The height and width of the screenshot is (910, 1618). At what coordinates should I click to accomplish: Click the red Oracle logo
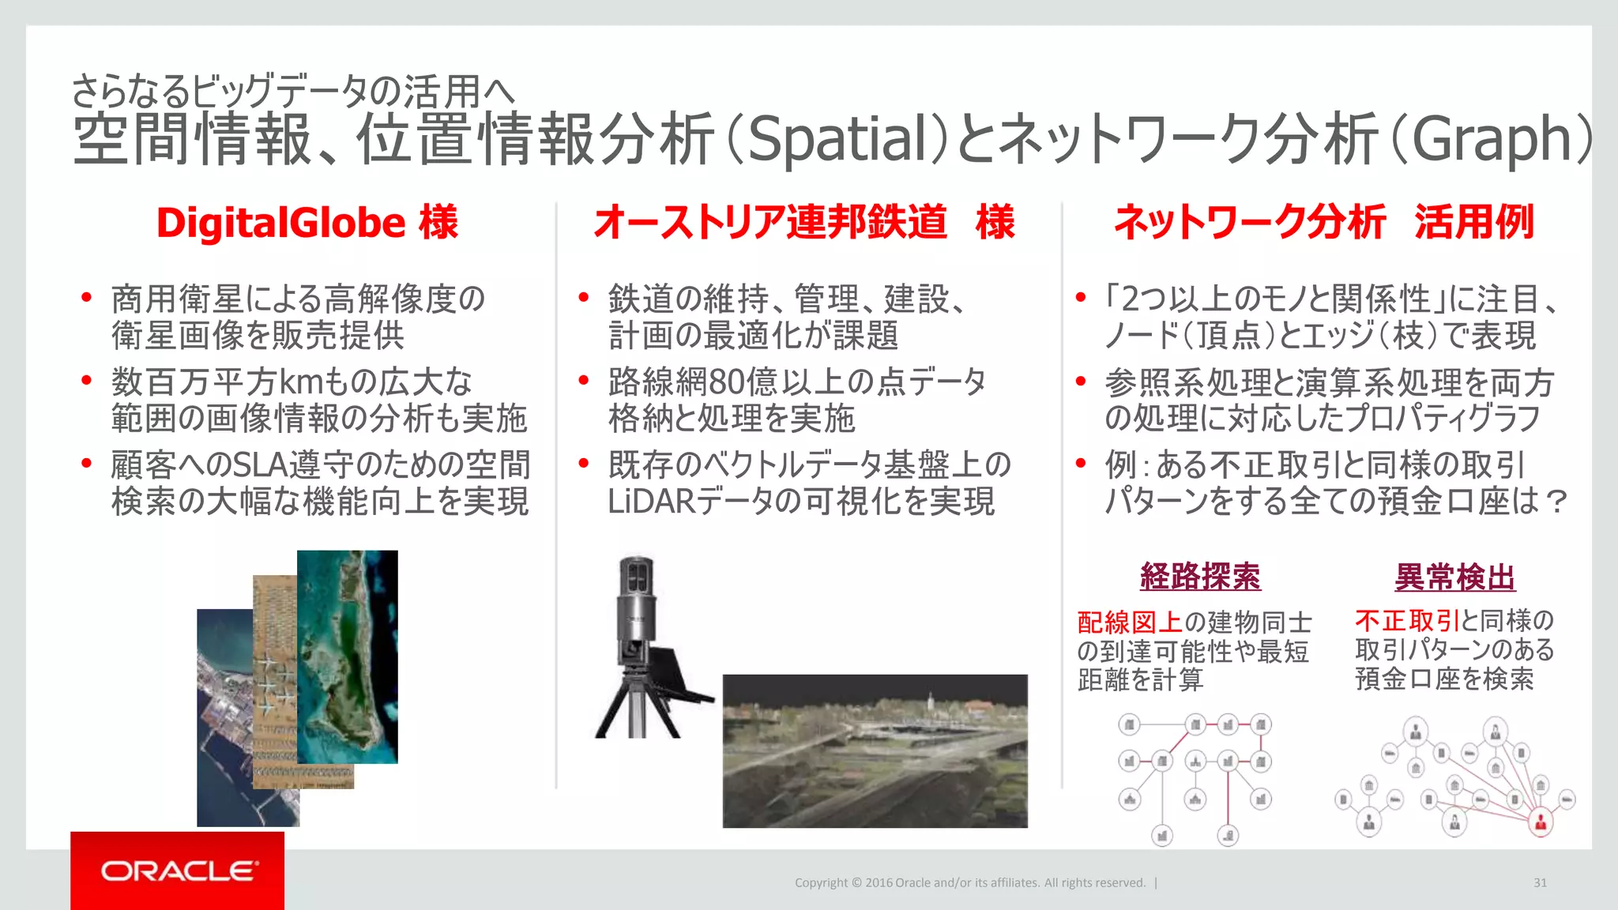[178, 871]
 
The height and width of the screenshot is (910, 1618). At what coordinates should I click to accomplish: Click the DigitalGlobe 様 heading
[307, 223]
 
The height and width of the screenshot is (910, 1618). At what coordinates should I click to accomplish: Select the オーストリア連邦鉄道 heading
[770, 222]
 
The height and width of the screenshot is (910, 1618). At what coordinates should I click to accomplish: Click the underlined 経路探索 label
[1200, 577]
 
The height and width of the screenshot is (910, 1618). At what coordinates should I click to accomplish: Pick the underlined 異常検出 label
[1454, 577]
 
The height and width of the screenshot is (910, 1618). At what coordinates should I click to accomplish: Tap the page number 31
[1540, 882]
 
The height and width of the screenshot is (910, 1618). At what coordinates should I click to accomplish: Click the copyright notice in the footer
[970, 882]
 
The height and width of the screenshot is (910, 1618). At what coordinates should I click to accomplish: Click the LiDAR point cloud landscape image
[875, 750]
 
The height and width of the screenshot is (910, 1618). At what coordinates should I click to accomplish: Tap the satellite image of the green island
[348, 656]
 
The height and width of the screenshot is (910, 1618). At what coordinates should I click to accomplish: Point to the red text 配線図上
[1130, 622]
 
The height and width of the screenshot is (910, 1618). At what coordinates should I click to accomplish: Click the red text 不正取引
[1407, 621]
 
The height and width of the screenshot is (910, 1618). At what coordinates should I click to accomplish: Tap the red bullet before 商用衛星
[87, 298]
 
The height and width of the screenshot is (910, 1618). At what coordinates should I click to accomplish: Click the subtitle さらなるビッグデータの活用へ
[292, 91]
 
